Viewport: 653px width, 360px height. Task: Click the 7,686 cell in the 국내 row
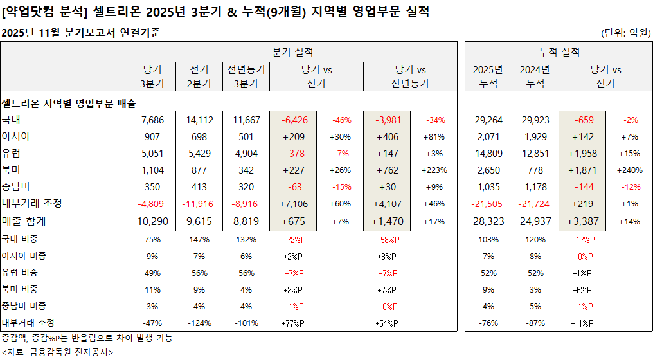pos(152,120)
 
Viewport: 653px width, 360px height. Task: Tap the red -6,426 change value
pos(294,120)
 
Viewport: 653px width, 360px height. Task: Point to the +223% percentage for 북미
pos(434,170)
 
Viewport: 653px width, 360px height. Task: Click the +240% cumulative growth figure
pos(629,170)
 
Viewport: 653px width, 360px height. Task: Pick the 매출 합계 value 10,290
pos(152,221)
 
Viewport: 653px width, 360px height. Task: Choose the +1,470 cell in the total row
pos(388,221)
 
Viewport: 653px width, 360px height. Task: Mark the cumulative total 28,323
pos(488,221)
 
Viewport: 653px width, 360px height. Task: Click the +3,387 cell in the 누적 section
pos(583,221)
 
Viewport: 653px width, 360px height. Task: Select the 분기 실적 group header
pos(292,52)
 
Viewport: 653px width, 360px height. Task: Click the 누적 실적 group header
pos(558,52)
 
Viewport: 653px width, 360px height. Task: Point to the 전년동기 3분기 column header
pos(245,76)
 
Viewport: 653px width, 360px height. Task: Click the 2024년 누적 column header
pos(534,76)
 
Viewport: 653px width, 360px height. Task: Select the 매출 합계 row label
pos(24,221)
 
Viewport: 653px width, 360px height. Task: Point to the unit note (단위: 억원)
pos(625,33)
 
